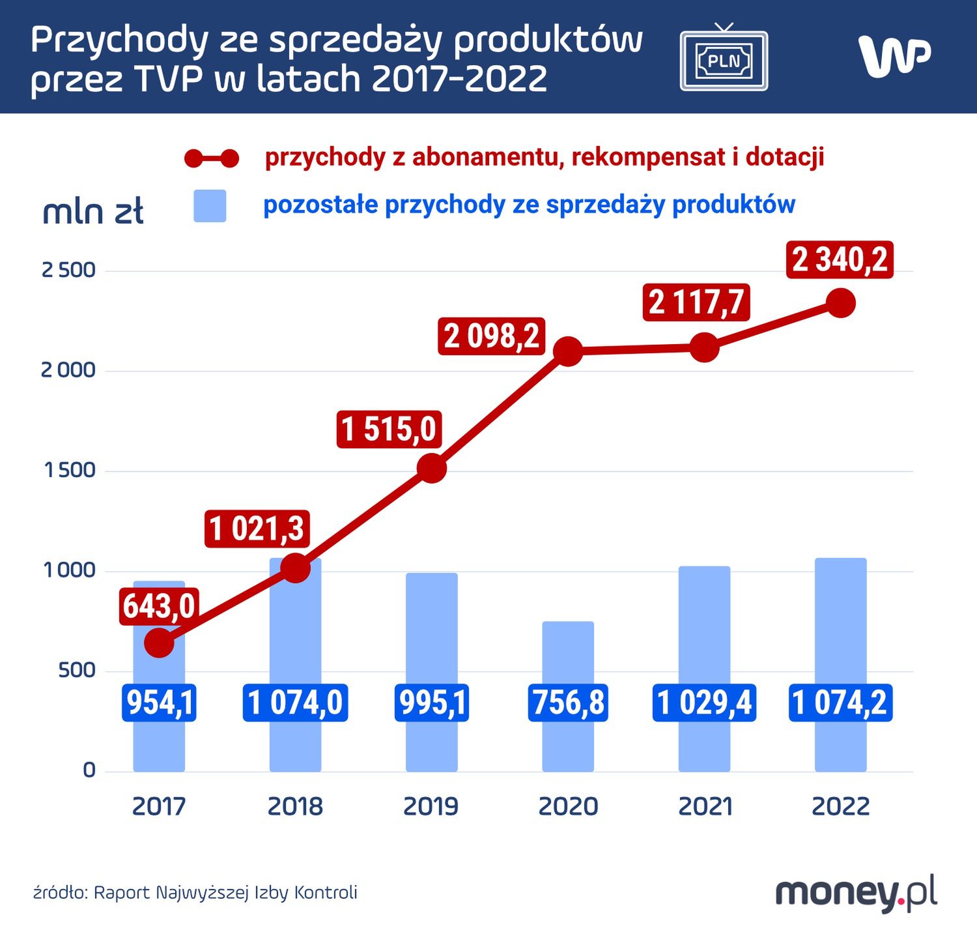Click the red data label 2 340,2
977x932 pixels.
click(840, 260)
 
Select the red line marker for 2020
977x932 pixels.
click(568, 352)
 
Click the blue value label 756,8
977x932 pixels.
click(568, 703)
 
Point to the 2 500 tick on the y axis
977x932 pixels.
click(68, 270)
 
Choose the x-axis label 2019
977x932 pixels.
click(431, 807)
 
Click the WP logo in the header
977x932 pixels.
click(894, 56)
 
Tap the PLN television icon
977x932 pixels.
click(724, 59)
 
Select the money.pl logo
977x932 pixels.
click(856, 894)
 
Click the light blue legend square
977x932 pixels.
click(210, 206)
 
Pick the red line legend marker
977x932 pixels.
click(212, 158)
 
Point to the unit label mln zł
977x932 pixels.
click(93, 212)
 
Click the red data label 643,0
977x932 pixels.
click(159, 606)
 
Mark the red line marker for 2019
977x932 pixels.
click(431, 469)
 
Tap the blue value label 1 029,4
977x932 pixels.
click(704, 703)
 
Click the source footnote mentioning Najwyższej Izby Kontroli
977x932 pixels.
click(195, 892)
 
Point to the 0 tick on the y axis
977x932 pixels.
click(89, 770)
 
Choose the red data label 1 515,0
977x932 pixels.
click(389, 430)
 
